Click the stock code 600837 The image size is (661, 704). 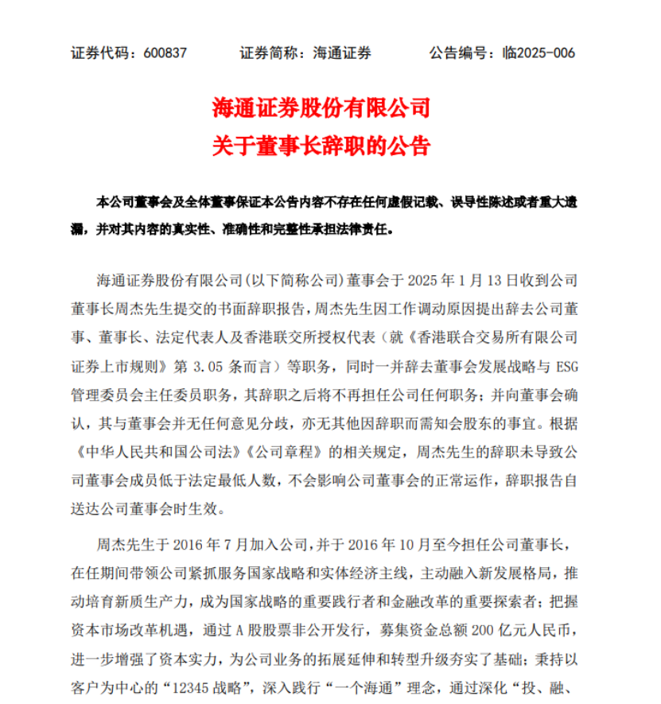click(165, 53)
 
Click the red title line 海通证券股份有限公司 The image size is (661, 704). click(321, 106)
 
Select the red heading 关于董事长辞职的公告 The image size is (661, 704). click(321, 146)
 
